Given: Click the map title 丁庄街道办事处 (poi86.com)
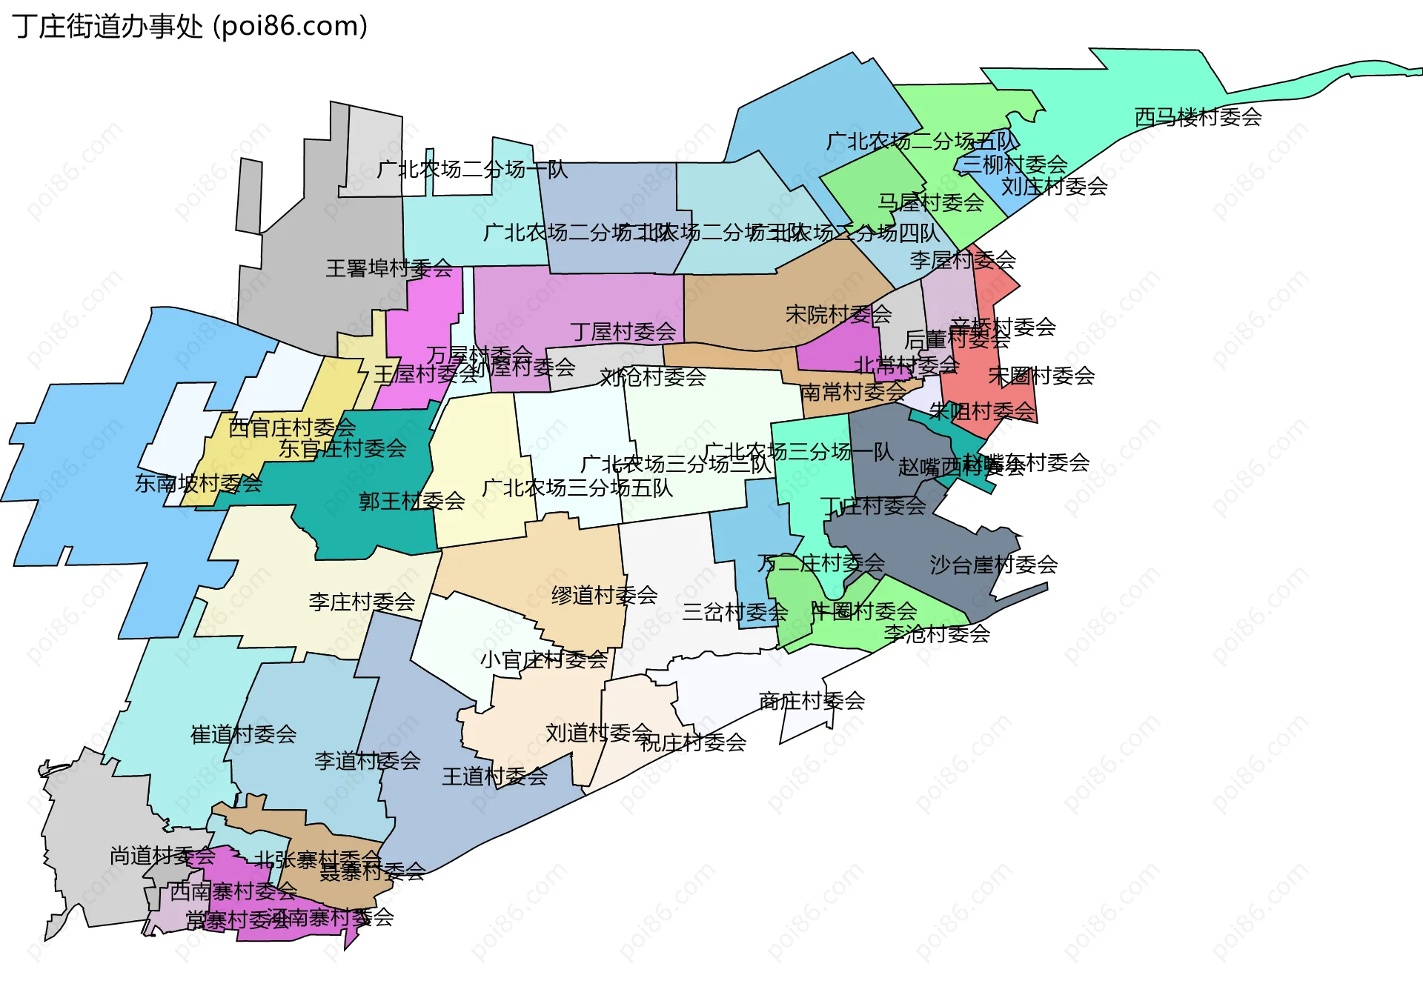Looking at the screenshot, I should [x=190, y=27].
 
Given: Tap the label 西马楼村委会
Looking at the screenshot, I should [x=1198, y=117].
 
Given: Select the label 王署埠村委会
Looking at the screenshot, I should [x=389, y=268].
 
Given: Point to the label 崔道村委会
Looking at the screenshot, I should [x=243, y=734].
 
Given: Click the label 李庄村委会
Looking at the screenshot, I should [x=362, y=602].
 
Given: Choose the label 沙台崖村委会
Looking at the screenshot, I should [x=993, y=565].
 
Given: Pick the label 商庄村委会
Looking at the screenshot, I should [x=812, y=700].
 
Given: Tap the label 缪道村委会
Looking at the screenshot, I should [x=604, y=595].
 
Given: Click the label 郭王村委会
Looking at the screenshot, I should [x=411, y=502].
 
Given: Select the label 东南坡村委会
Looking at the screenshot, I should [x=198, y=484].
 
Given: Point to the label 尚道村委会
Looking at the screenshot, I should [x=162, y=856].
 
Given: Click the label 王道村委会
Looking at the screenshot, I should [x=494, y=776].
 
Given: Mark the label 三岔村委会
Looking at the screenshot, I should [x=734, y=612].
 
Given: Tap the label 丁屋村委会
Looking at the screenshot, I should [x=623, y=332].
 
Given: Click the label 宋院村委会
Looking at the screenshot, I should [x=838, y=315].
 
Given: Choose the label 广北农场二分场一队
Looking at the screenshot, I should [x=472, y=170].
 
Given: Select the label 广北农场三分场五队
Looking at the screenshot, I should [x=577, y=488].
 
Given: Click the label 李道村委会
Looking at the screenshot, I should [x=367, y=760].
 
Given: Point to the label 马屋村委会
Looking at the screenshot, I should [x=930, y=202].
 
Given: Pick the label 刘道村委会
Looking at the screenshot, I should [x=599, y=733].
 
